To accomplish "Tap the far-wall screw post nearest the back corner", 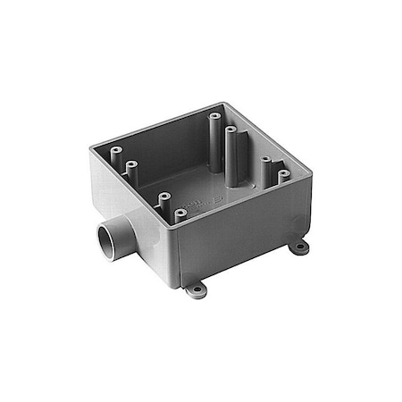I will coord(214,116).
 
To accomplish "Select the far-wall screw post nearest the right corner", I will coord(284,176).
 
